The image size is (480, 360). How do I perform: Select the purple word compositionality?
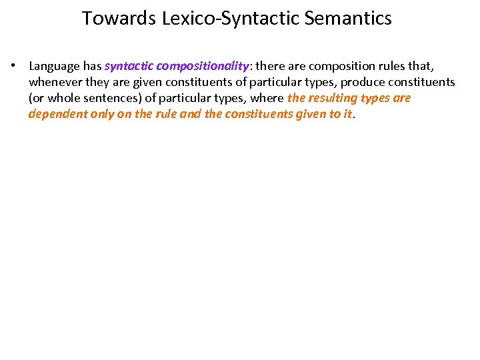coord(202,66)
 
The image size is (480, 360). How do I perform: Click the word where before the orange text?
coord(269,98)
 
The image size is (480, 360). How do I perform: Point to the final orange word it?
coord(345,114)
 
